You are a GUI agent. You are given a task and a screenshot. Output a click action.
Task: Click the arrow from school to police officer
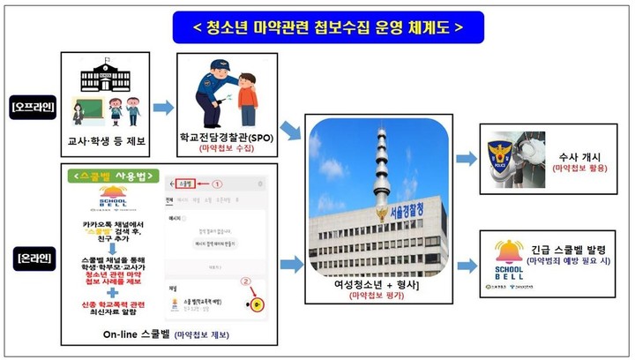(x=163, y=108)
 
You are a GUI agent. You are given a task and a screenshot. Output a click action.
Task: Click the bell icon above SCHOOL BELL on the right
(x=502, y=246)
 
